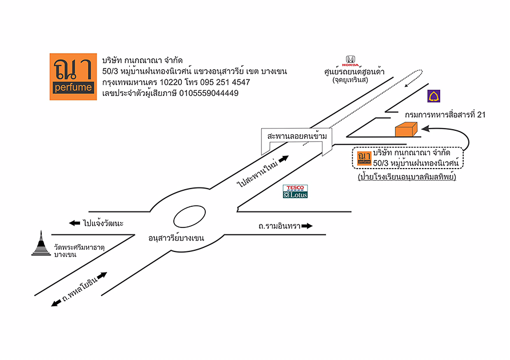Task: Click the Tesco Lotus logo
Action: tap(296, 191)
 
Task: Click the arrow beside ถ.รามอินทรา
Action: tap(307, 226)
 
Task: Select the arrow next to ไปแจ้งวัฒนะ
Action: tap(74, 223)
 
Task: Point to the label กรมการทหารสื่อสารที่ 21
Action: tap(445, 115)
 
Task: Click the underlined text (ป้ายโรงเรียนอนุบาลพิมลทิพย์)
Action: tap(410, 178)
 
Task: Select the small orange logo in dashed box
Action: tap(364, 158)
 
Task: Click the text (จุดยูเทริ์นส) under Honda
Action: tap(350, 81)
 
